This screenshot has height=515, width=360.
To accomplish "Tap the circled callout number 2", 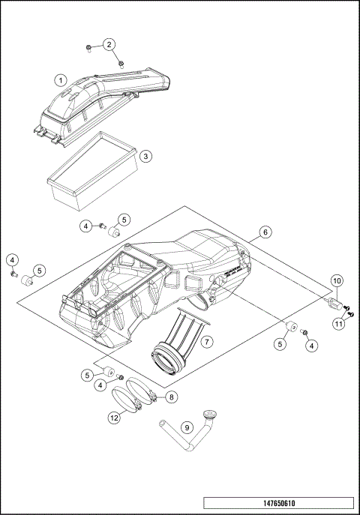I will tap(109, 44).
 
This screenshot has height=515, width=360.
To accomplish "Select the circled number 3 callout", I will tap(147, 156).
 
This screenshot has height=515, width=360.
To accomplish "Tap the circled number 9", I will tap(188, 428).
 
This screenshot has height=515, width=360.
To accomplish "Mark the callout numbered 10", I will tap(337, 282).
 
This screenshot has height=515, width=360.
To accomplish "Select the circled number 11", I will tap(339, 324).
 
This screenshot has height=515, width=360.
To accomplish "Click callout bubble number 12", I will tap(114, 419).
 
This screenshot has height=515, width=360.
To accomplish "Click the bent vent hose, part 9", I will tap(180, 435).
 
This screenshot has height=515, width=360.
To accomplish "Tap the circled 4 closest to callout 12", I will tap(99, 386).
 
